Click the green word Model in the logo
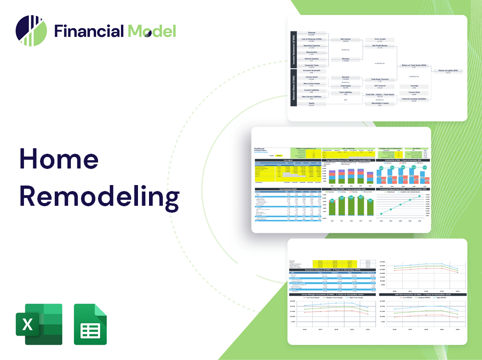[152, 31]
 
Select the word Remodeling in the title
[99, 197]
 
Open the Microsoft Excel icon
[39, 324]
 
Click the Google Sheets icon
[91, 324]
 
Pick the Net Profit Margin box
[379, 47]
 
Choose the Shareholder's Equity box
[379, 104]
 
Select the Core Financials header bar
[288, 189]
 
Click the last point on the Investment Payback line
[419, 197]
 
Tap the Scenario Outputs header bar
[332, 270]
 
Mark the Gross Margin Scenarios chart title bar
[332, 294]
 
